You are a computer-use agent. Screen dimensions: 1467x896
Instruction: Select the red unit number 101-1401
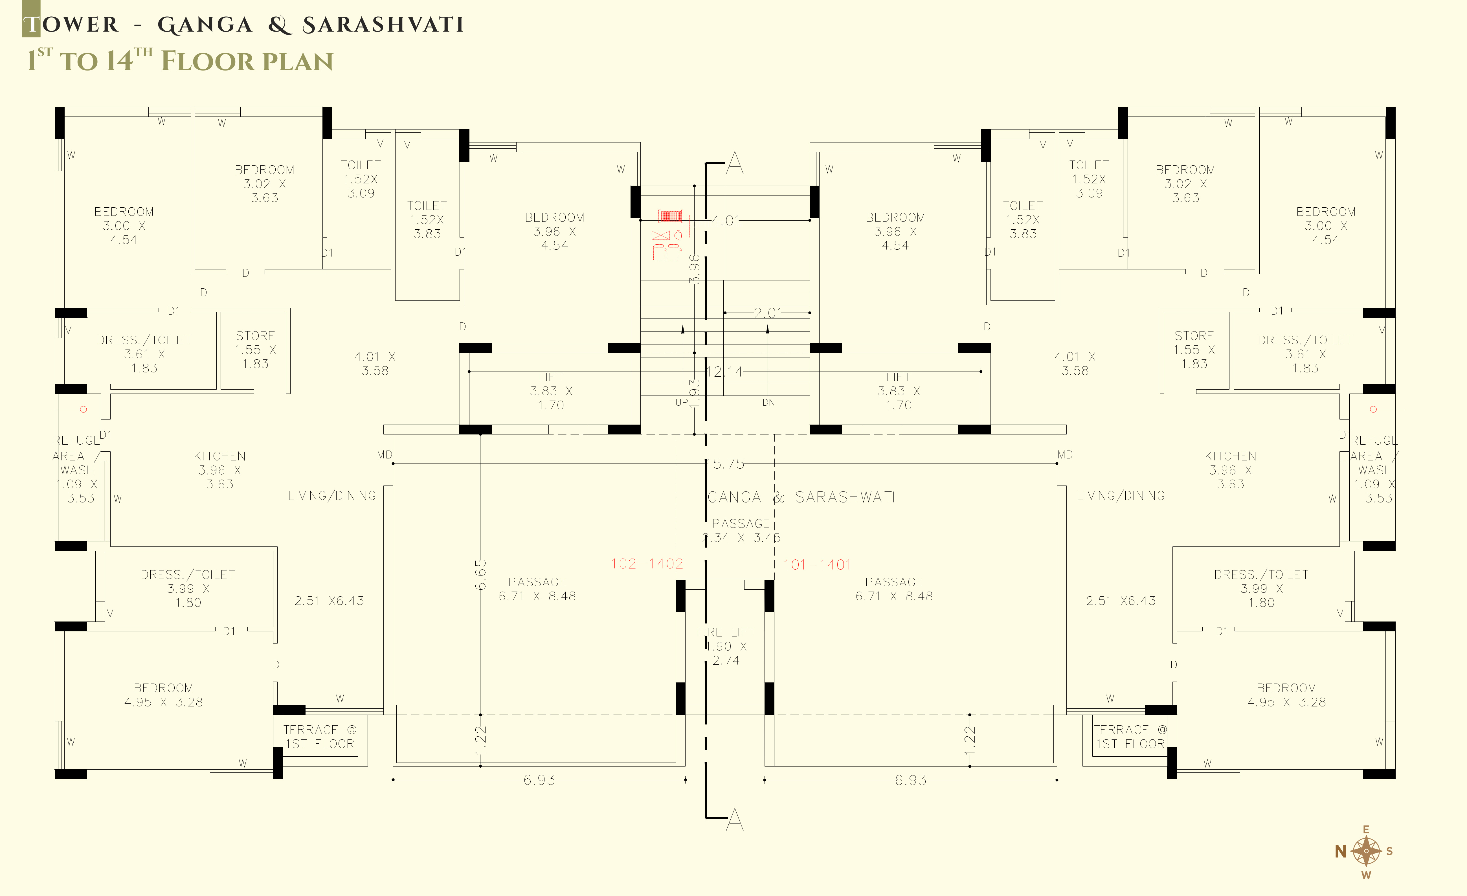817,565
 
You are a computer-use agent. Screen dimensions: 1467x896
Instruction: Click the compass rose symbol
1366,851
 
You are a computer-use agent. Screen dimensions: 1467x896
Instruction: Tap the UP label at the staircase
682,403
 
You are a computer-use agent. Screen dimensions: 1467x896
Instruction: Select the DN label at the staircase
769,403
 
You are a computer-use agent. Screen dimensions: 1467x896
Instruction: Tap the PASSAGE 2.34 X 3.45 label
741,530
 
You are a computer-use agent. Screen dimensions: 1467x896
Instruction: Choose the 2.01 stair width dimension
768,313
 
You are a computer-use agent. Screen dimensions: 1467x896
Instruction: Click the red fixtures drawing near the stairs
671,234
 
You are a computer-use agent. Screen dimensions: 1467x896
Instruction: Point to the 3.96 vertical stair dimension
694,269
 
